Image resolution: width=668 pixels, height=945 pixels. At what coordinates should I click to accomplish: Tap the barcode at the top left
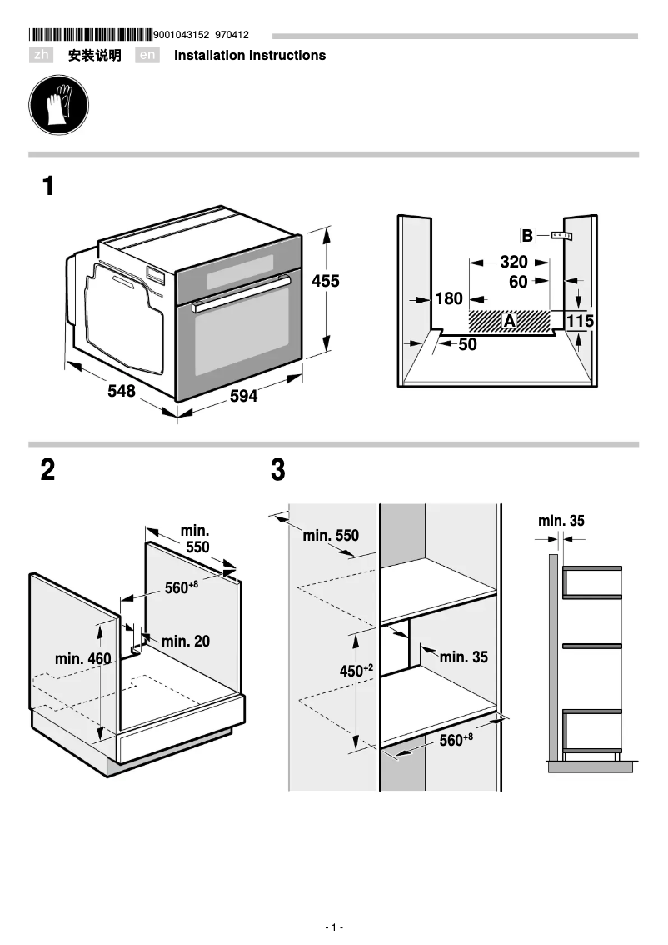click(x=91, y=35)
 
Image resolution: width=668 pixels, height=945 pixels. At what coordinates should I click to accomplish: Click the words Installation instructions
click(x=250, y=56)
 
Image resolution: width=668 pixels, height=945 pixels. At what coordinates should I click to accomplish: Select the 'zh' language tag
click(x=42, y=56)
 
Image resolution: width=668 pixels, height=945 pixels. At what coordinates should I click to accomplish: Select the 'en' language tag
click(x=147, y=56)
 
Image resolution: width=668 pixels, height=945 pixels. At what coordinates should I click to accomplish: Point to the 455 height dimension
click(x=326, y=282)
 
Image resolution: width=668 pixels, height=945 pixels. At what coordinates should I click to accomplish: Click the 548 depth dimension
click(x=121, y=391)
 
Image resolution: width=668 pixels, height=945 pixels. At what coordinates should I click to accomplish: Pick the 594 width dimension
click(x=243, y=397)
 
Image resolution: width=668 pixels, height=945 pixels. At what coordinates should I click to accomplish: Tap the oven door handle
click(x=240, y=296)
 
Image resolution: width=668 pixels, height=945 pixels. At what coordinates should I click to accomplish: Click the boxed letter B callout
click(x=527, y=236)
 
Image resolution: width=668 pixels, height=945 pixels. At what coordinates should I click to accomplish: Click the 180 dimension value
click(x=449, y=298)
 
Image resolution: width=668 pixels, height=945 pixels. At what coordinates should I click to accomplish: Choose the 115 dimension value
click(x=580, y=321)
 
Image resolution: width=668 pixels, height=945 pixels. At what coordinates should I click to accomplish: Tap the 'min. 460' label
click(x=82, y=659)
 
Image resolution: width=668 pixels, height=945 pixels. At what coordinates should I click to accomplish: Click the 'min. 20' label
click(x=186, y=641)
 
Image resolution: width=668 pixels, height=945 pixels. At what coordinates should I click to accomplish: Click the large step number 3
click(x=278, y=471)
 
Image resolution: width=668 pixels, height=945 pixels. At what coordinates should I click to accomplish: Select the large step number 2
click(x=48, y=471)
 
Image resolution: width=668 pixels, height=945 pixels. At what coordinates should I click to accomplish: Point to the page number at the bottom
click(x=333, y=927)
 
